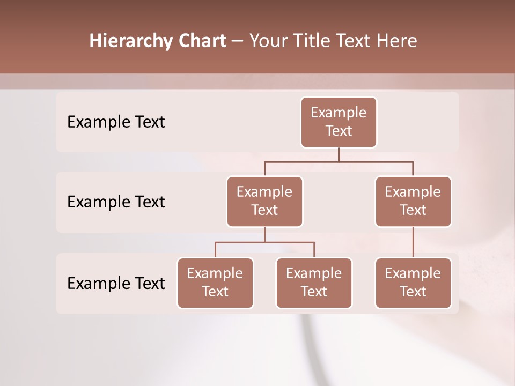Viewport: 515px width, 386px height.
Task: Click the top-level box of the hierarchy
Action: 339,122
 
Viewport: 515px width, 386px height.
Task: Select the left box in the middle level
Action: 264,202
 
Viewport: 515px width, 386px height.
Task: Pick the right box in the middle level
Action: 413,202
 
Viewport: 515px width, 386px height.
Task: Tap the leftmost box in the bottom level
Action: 215,283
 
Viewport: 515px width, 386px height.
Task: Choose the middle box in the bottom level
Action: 314,283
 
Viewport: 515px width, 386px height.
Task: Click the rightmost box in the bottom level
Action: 413,283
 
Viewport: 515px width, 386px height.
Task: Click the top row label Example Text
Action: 116,122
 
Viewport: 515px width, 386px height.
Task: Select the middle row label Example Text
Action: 116,202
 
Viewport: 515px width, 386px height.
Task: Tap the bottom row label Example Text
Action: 116,283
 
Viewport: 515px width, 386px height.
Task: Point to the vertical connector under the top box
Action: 339,154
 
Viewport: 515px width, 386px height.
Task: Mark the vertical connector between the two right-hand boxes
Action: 413,242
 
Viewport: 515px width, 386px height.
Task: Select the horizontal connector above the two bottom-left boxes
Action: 264,242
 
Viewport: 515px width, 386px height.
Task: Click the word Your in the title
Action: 267,41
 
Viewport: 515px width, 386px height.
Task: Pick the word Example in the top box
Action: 339,113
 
